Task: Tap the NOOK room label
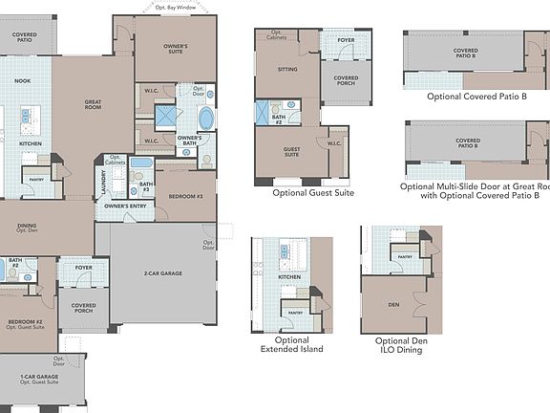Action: point(23,81)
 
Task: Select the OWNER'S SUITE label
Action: point(174,47)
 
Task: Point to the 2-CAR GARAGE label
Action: point(162,273)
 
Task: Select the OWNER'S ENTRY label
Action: point(124,206)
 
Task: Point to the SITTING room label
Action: point(287,70)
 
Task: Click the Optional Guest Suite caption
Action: point(303,193)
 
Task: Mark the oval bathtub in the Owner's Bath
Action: point(205,119)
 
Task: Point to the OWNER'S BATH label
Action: point(194,141)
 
